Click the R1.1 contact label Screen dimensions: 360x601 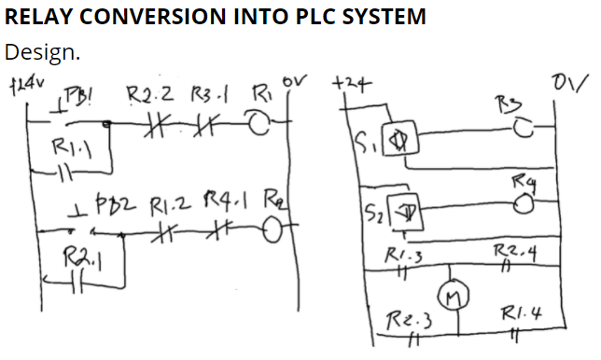69,145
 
